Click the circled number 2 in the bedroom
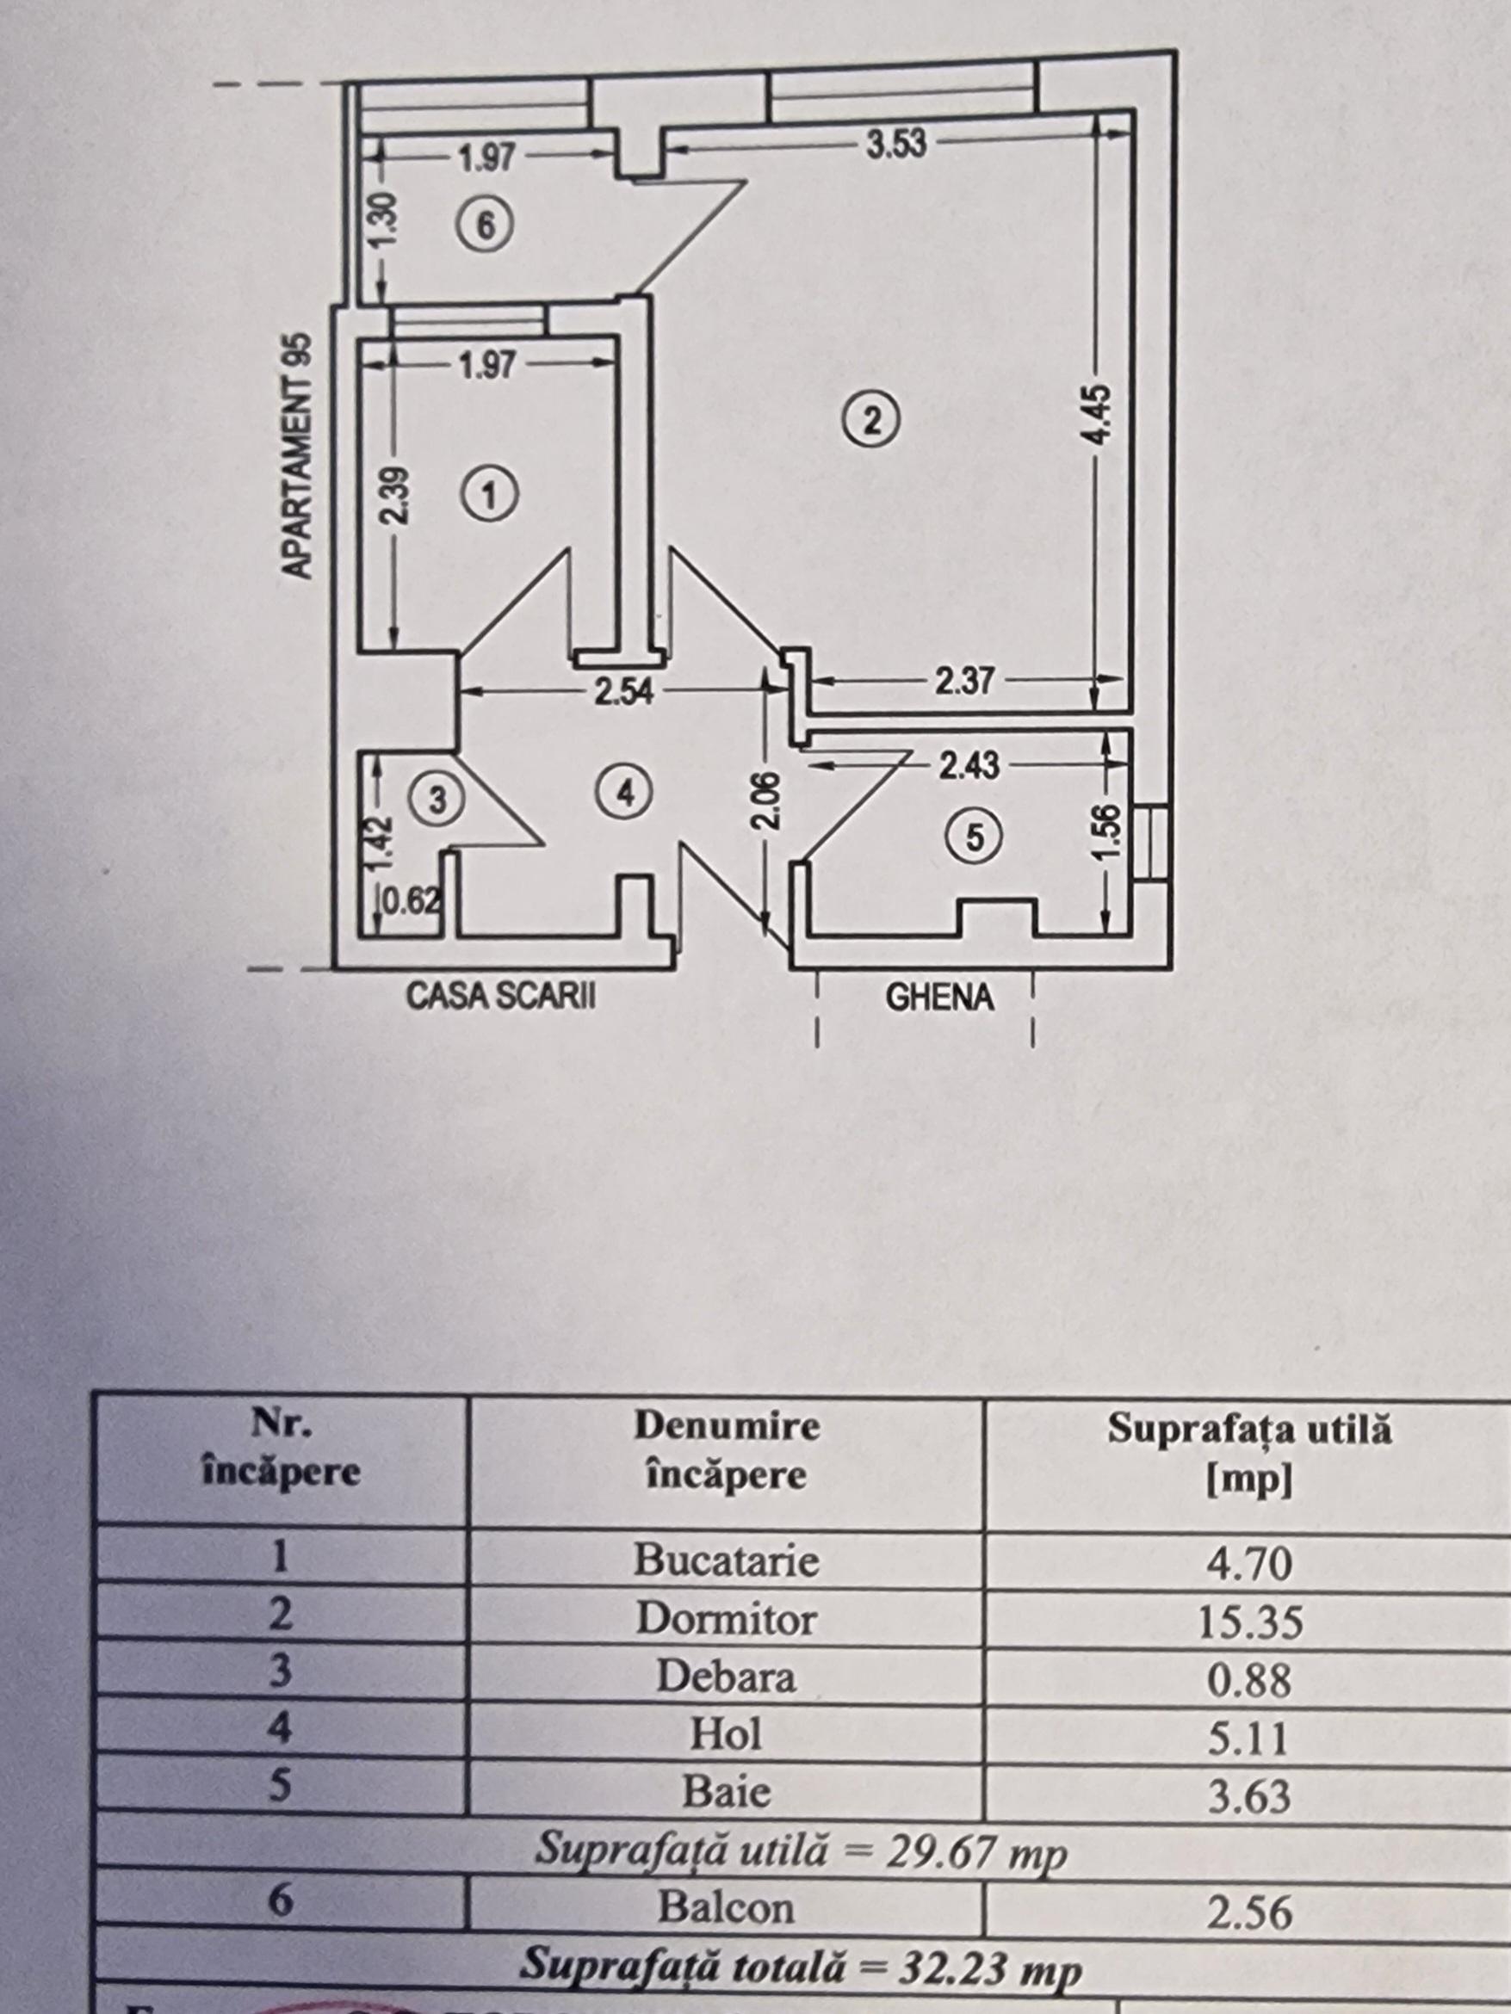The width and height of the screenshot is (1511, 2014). pos(871,421)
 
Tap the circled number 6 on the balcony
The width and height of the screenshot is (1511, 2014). pos(486,225)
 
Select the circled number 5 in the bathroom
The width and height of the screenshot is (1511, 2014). pos(975,836)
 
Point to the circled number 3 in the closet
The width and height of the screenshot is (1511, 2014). pos(437,800)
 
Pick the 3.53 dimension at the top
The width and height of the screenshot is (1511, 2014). pos(895,144)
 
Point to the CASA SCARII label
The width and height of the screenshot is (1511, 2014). pos(500,996)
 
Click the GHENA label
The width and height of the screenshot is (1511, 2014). pos(939,998)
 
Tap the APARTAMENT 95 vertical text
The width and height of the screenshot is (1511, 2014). pos(298,455)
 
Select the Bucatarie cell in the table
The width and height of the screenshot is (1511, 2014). pos(726,1560)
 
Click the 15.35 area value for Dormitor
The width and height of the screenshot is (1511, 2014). pos(1249,1622)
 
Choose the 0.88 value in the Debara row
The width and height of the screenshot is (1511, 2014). pos(1249,1682)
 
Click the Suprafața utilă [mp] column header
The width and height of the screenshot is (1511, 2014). pos(1249,1454)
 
